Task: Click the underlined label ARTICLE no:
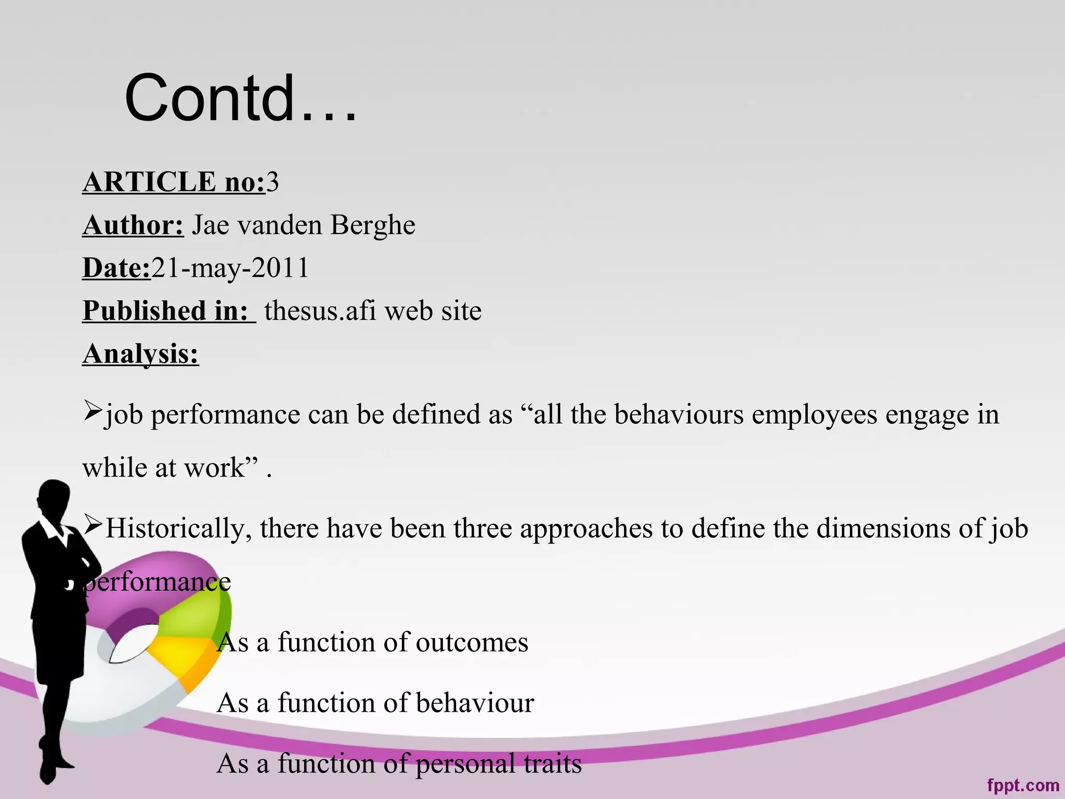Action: click(174, 182)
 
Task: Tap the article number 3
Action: click(272, 182)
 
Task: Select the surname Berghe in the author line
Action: click(372, 225)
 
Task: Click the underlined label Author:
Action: click(133, 225)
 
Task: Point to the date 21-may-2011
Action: click(230, 268)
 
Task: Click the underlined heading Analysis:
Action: click(140, 354)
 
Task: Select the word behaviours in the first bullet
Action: click(679, 415)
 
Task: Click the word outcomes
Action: click(472, 642)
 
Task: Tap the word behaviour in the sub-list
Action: click(475, 703)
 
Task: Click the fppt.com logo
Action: click(1023, 784)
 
